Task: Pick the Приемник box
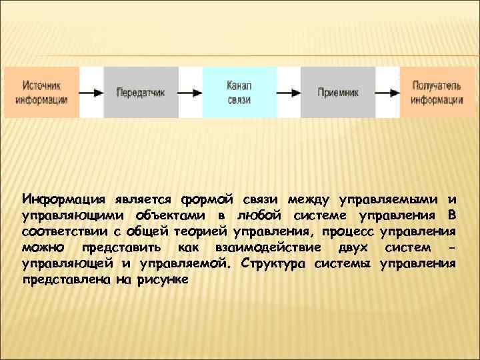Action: [338, 93]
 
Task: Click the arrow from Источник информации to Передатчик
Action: [92, 93]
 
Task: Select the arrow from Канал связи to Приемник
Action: [289, 93]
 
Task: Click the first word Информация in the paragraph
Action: [61, 199]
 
